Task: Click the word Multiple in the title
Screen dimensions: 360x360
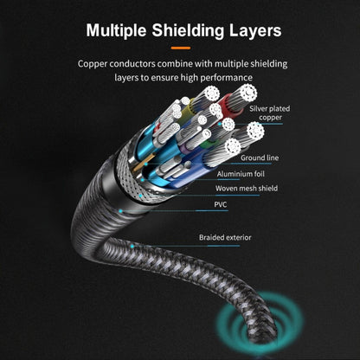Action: [x=116, y=30]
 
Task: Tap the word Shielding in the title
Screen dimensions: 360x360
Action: [x=188, y=30]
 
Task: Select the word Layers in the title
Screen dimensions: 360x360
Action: [x=255, y=30]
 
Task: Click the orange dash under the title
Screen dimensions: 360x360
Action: [x=181, y=48]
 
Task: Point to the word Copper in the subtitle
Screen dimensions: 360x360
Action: [x=93, y=64]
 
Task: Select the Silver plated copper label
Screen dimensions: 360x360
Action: [x=270, y=113]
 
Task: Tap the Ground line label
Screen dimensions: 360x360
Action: [x=260, y=157]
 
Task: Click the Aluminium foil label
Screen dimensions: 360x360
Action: [x=241, y=174]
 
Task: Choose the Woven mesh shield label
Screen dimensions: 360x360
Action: [x=247, y=189]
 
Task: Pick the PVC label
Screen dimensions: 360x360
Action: [x=221, y=204]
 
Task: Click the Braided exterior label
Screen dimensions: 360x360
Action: [x=225, y=237]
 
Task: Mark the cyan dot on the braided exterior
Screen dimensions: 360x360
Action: [x=132, y=247]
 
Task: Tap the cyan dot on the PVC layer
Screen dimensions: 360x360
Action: [x=120, y=211]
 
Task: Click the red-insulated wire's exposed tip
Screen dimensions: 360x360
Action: [x=246, y=93]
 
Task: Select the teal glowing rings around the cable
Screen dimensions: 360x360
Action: [x=260, y=320]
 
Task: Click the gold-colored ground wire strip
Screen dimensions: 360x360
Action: [x=144, y=164]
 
